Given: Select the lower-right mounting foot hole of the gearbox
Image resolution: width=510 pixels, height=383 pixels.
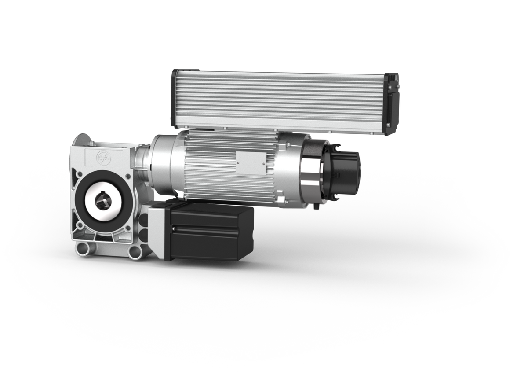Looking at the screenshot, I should pyautogui.click(x=135, y=252).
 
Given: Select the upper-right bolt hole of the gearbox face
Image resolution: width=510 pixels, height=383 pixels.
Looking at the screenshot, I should pyautogui.click(x=127, y=178).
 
